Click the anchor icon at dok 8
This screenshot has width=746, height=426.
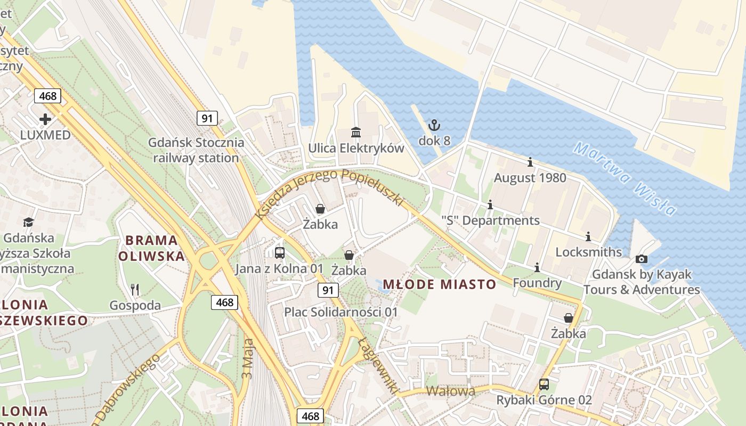pyautogui.click(x=435, y=126)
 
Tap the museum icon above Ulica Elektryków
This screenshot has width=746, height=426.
pyautogui.click(x=355, y=132)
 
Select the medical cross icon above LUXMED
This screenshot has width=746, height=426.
pyautogui.click(x=45, y=119)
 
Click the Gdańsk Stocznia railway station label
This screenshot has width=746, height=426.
pyautogui.click(x=196, y=150)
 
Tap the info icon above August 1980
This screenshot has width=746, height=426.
pyautogui.click(x=530, y=162)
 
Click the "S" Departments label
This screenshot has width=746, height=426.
pyautogui.click(x=490, y=220)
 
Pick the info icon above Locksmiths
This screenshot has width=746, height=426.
pyautogui.click(x=588, y=236)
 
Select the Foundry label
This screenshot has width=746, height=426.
pyautogui.click(x=537, y=283)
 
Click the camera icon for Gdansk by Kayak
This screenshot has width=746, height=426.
pyautogui.click(x=642, y=259)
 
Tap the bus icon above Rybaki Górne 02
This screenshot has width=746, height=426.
pyautogui.click(x=544, y=384)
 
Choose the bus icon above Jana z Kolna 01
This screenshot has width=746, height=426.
pyautogui.click(x=279, y=253)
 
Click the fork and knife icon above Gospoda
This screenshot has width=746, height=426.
pyautogui.click(x=135, y=290)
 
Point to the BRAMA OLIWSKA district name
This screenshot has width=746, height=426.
pyautogui.click(x=151, y=248)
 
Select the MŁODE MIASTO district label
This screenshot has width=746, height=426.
pyautogui.click(x=439, y=284)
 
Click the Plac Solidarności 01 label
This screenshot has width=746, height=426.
pyautogui.click(x=340, y=312)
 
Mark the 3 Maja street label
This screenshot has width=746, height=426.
pyautogui.click(x=247, y=357)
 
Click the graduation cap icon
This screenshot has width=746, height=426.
pyautogui.click(x=28, y=222)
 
